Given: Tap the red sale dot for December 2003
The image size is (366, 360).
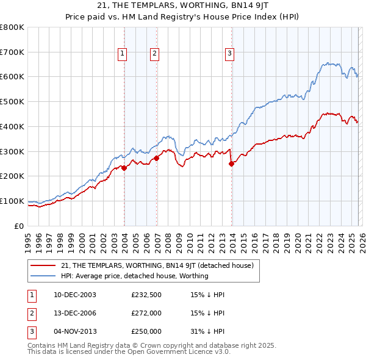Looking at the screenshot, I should [x=124, y=168].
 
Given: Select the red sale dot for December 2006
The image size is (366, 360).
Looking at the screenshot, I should [x=157, y=158].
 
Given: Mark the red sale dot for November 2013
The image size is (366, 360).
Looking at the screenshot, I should [x=231, y=164].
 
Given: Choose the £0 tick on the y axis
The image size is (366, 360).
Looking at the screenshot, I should [x=19, y=226].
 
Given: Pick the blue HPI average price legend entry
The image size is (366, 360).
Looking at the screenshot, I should [x=135, y=276].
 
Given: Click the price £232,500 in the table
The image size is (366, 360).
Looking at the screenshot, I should [x=146, y=295].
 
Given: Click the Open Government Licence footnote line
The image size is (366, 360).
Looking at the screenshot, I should [x=129, y=352].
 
